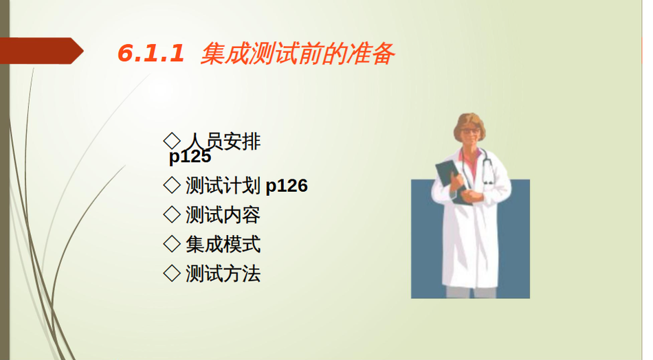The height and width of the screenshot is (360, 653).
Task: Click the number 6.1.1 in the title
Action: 151,54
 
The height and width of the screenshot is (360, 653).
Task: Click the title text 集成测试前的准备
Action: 298,54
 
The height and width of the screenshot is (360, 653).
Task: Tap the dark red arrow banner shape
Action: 42,51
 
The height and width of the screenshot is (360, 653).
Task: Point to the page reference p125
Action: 190,157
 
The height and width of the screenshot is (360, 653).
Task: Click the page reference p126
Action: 287,186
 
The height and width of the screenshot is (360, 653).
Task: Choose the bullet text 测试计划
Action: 223,185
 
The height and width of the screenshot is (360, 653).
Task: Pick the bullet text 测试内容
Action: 223,215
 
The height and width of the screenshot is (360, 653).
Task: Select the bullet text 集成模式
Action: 223,245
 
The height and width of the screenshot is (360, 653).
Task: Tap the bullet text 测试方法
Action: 223,274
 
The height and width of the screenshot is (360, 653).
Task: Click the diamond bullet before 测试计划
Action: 172,185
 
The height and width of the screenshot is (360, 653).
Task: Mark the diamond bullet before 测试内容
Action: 172,215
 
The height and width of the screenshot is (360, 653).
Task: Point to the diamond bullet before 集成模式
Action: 172,245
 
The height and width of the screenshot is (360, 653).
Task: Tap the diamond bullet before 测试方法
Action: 172,274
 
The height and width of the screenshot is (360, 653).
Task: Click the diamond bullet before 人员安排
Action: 172,141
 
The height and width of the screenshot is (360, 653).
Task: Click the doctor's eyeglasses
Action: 469,131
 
